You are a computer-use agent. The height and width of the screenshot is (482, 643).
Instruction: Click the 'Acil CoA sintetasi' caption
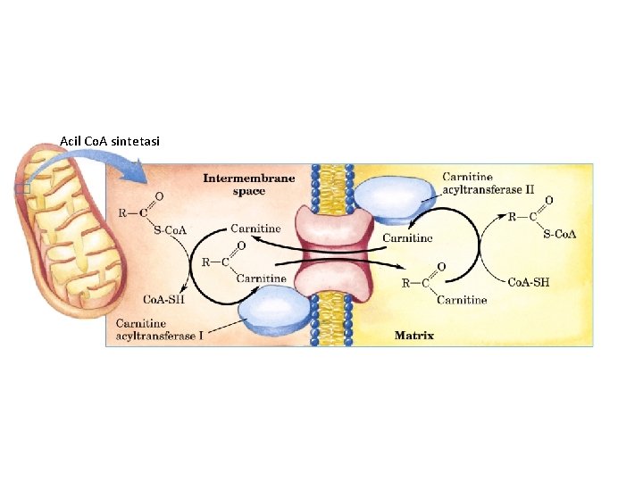110,141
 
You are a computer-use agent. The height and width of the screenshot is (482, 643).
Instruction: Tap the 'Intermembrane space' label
248,184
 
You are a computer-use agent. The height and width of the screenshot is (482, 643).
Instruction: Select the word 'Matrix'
414,336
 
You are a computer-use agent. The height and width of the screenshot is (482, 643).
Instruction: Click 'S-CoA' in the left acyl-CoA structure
170,231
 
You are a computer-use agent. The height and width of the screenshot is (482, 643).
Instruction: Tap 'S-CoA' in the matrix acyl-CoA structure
559,235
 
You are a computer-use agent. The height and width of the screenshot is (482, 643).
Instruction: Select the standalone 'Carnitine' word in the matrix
408,237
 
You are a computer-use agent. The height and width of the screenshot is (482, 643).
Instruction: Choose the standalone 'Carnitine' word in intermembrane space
255,229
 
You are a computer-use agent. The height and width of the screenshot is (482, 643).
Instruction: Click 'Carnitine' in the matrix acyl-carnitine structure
462,300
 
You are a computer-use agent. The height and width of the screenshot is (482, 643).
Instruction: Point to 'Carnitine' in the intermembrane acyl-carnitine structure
261,278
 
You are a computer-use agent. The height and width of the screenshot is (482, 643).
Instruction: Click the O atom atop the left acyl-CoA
159,195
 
